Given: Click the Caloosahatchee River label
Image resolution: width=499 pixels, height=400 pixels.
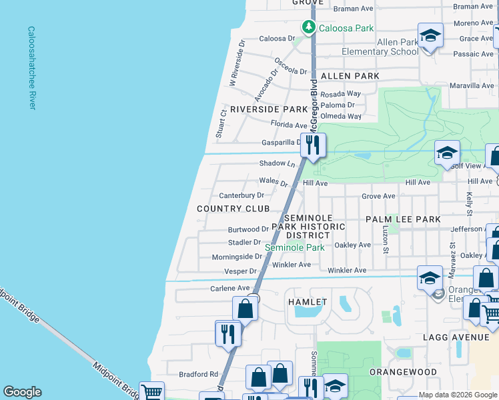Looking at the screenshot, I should point(31,68).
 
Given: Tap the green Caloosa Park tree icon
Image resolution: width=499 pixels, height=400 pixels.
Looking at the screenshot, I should point(308,27).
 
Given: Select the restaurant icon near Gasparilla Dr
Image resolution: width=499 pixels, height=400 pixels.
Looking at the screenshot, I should point(312,145).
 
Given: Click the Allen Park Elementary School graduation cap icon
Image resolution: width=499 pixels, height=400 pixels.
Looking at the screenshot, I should point(430,36).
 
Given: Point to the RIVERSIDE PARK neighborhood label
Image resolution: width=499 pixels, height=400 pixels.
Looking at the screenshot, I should point(268,109).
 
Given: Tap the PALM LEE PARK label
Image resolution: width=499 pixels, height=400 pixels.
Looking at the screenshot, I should point(403,219).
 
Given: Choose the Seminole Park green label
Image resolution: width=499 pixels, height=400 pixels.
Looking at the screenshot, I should point(295,247).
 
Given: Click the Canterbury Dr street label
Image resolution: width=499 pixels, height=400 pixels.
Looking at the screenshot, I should point(241,195).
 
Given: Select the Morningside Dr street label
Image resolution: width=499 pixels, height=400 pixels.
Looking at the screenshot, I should point(237,257).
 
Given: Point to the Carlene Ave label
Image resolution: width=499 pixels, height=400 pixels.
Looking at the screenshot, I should point(229,288).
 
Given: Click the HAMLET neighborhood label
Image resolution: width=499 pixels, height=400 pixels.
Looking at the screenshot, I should point(308,302).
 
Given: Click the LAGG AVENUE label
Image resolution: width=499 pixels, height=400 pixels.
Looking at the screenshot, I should point(456,337).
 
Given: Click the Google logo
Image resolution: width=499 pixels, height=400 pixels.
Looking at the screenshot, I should point(22,392).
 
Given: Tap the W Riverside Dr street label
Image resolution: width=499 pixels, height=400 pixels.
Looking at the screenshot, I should point(237,61).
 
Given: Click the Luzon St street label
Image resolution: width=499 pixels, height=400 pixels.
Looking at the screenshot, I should point(385,240).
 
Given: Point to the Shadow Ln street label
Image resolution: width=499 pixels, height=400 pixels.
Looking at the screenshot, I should point(277,163).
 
